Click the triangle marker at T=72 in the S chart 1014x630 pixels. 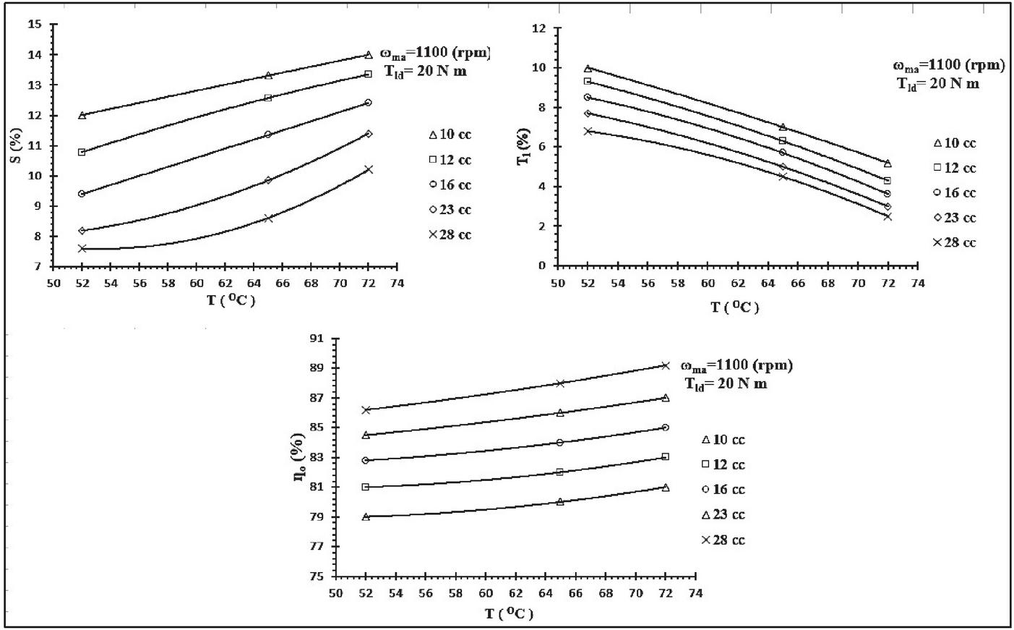369,55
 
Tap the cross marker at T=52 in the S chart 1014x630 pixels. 82,248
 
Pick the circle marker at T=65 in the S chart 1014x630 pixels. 268,135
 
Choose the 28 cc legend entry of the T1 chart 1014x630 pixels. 954,243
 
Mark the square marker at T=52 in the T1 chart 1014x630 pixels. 588,81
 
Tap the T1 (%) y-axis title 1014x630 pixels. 523,147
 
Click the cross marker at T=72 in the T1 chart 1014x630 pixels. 888,216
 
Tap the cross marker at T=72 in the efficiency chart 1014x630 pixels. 666,365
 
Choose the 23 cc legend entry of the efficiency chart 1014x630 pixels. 723,515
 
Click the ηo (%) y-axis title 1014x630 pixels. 297,458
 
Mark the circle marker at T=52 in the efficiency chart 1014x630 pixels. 366,460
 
